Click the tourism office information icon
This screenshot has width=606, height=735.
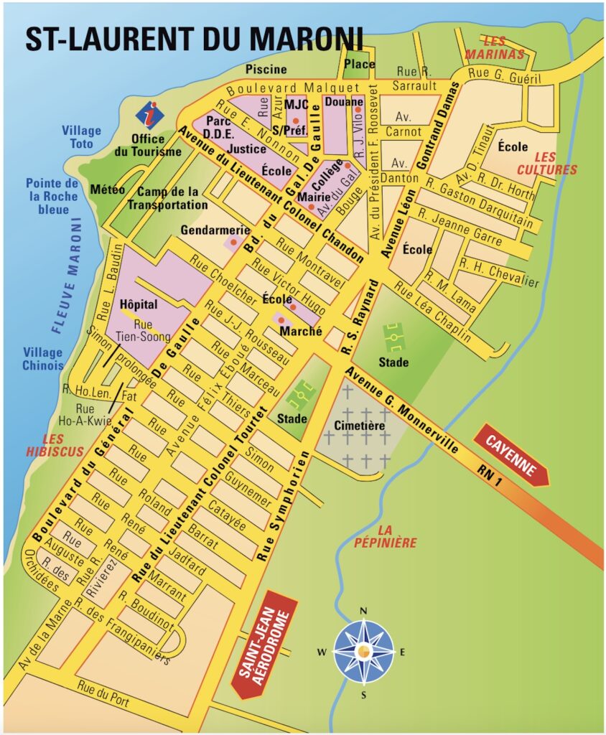click(x=150, y=114)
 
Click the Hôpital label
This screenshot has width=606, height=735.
click(x=139, y=304)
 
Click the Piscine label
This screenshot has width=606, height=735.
click(x=266, y=70)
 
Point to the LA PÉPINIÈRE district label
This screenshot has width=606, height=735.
click(x=385, y=537)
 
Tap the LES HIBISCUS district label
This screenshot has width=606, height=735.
click(x=53, y=445)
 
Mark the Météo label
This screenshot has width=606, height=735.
click(x=108, y=189)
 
